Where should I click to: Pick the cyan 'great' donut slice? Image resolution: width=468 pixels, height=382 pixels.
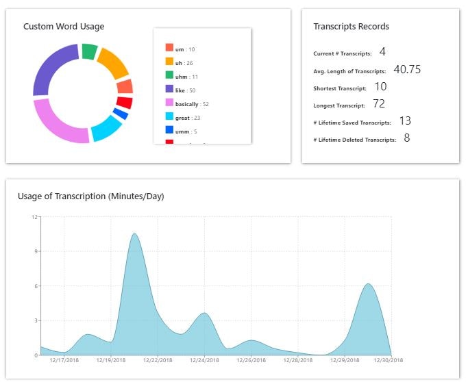(106, 128)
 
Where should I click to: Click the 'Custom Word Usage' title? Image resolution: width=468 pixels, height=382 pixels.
(64, 27)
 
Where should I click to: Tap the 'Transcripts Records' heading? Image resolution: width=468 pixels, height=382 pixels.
(351, 27)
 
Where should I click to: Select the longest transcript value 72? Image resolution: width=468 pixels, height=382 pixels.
(379, 104)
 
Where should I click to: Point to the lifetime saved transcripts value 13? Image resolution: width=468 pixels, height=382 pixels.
(404, 121)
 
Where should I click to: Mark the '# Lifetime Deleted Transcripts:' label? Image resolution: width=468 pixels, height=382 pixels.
(354, 140)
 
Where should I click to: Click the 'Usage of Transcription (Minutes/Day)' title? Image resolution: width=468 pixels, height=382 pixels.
(90, 196)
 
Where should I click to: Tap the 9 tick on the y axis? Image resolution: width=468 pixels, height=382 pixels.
(35, 251)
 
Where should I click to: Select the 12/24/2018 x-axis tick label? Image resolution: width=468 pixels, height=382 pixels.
(205, 360)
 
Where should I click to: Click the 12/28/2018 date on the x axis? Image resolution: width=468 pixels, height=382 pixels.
(299, 360)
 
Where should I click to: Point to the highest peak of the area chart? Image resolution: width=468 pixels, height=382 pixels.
(134, 234)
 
